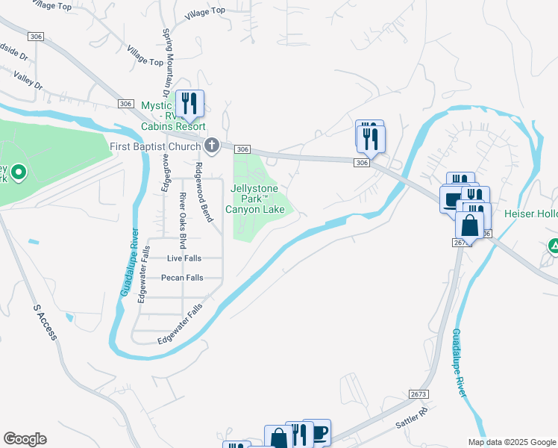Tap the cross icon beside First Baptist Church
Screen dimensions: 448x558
tap(211, 145)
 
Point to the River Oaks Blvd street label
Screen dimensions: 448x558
tap(182, 220)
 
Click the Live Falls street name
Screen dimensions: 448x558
tap(184, 258)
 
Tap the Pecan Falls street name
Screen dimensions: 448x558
tap(182, 278)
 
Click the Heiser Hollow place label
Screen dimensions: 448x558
tap(531, 214)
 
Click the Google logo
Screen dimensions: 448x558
tap(25, 439)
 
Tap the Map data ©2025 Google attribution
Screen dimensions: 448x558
tap(512, 442)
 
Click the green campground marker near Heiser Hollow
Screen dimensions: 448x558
tap(554, 246)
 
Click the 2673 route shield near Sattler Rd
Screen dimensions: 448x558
tap(419, 393)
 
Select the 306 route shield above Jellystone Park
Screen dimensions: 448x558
tap(242, 150)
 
